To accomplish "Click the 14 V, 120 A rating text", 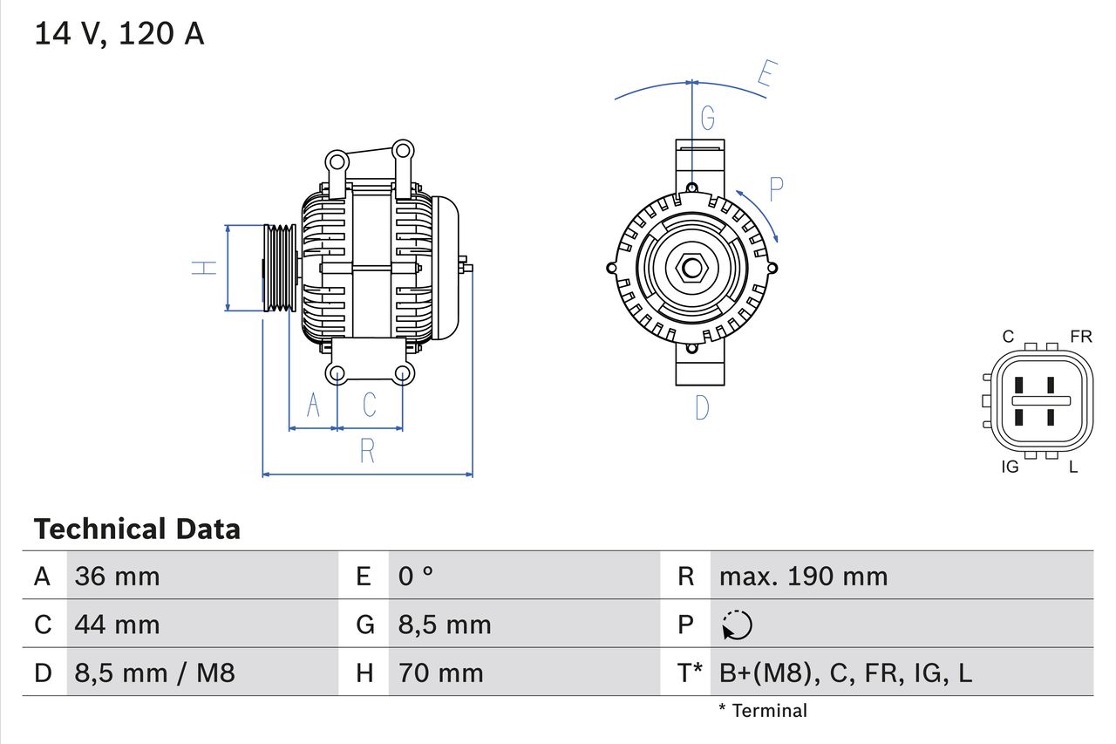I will (x=119, y=34).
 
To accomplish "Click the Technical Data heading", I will (x=136, y=529).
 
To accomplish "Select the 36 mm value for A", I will (x=117, y=576).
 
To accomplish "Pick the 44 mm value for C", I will (x=117, y=625).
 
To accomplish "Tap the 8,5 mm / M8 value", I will (x=154, y=672).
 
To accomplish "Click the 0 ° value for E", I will (x=416, y=576).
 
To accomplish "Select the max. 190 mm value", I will (x=803, y=576).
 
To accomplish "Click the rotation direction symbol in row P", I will (x=737, y=625).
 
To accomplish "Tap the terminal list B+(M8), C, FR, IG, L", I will (x=845, y=672).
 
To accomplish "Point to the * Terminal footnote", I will (x=762, y=711).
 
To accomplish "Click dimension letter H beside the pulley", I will (x=203, y=268).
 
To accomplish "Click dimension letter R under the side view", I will (x=367, y=451).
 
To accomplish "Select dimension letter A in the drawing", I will (x=313, y=405).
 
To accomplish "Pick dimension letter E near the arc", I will (x=766, y=75).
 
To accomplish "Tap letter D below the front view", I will (x=701, y=407).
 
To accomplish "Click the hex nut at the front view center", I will (x=691, y=268).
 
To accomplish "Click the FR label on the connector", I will (x=1080, y=337).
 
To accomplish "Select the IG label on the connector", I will (x=1010, y=468).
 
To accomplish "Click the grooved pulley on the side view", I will (x=280, y=268).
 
